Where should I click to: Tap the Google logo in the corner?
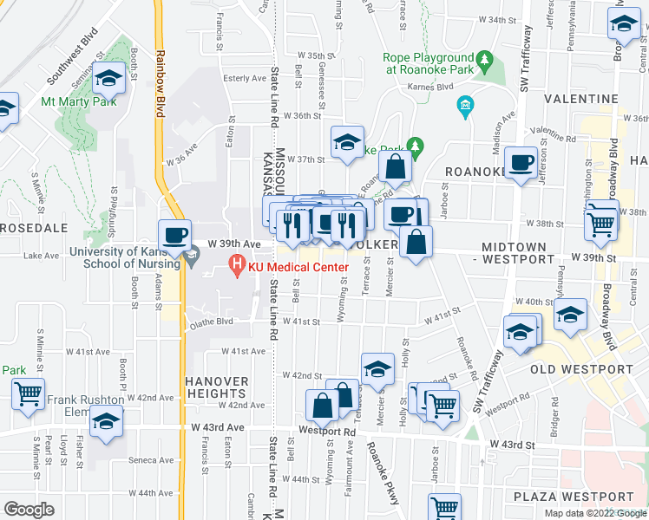pyautogui.click(x=29, y=510)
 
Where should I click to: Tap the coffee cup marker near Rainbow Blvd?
pyautogui.click(x=174, y=233)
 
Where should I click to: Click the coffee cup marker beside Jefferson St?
pyautogui.click(x=521, y=162)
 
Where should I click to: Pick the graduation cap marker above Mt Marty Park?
pyautogui.click(x=109, y=80)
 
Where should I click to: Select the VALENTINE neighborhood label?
pyautogui.click(x=606, y=100)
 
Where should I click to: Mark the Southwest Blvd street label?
pyautogui.click(x=73, y=59)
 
